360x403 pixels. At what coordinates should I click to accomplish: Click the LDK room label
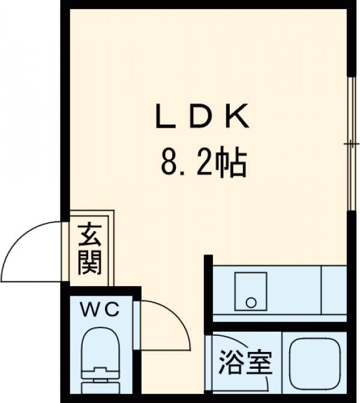(x=202, y=116)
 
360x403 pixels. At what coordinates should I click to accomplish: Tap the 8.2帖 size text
(x=203, y=163)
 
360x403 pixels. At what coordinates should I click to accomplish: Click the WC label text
(x=100, y=309)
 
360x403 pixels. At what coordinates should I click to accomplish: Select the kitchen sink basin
(x=251, y=291)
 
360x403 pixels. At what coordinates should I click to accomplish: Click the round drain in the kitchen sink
(x=251, y=302)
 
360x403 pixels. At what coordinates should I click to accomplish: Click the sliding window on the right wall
(x=351, y=143)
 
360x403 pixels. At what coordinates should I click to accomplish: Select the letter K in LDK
(x=238, y=116)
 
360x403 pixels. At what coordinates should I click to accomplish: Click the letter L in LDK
(x=165, y=116)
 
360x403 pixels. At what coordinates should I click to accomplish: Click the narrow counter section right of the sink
(x=334, y=290)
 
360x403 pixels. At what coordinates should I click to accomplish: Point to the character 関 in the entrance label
(x=90, y=263)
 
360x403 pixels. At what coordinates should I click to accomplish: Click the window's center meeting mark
(x=351, y=144)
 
